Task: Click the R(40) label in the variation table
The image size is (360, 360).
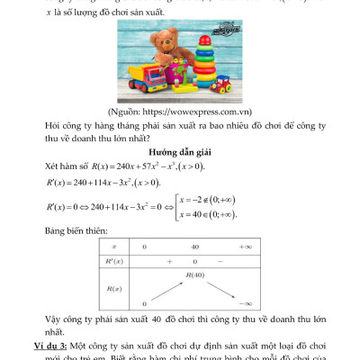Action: tap(194, 273)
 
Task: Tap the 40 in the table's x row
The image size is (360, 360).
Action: tap(193, 245)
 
